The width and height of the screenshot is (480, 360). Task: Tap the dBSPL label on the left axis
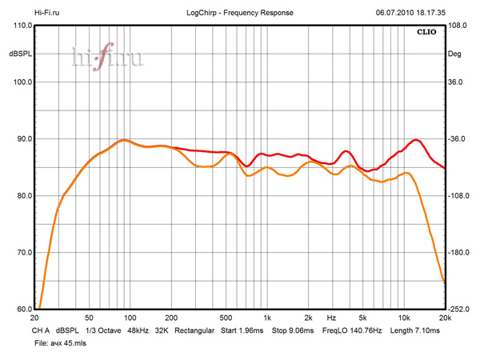point(19,54)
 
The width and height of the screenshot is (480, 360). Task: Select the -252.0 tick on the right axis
point(460,310)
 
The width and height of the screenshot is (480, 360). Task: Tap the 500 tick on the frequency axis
point(226,318)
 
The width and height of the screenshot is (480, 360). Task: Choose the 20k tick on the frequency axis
point(445,318)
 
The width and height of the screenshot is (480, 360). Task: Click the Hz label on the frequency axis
point(330,318)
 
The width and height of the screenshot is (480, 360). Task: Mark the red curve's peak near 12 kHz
point(416,140)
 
